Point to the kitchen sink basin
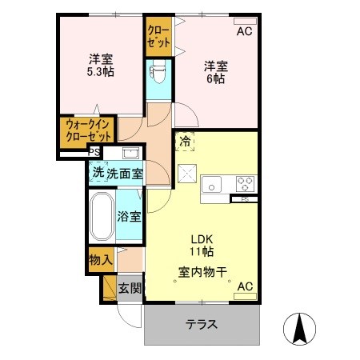click(x=211, y=186)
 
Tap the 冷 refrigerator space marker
click(x=185, y=140)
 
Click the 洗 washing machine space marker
click(x=97, y=172)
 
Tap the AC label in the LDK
click(x=244, y=286)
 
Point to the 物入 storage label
click(x=100, y=260)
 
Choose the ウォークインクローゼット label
click(x=88, y=130)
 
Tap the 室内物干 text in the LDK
click(x=203, y=271)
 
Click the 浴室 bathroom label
click(x=129, y=216)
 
